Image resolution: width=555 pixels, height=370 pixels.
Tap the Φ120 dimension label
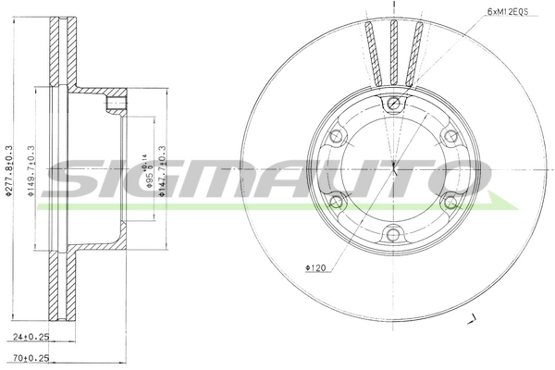(x=315, y=269)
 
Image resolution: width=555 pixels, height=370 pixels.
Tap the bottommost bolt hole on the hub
(x=394, y=233)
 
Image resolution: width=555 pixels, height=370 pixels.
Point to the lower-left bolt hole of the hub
(x=337, y=201)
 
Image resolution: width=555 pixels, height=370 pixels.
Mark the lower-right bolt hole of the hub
(x=450, y=201)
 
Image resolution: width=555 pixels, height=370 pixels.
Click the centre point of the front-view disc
(x=394, y=167)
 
